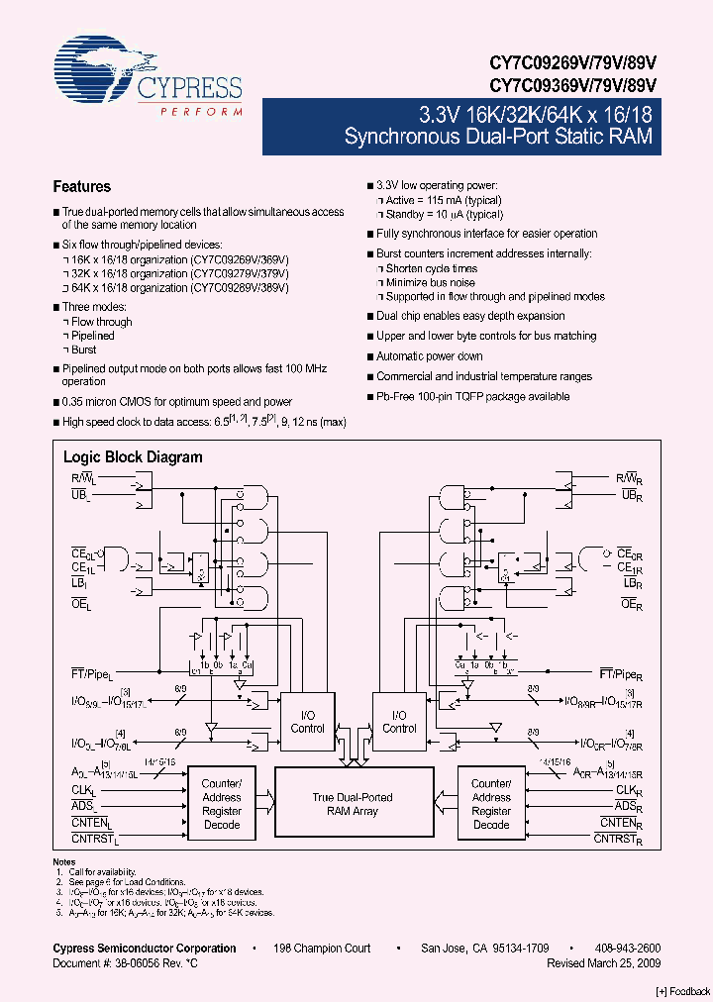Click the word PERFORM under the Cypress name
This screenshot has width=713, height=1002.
click(x=200, y=112)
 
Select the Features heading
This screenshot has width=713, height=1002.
click(x=81, y=186)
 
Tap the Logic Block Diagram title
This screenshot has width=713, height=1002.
click(x=133, y=457)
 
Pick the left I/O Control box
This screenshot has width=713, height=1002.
click(x=307, y=721)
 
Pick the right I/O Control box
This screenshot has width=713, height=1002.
click(x=399, y=721)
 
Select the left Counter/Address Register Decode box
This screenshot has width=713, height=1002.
click(x=222, y=804)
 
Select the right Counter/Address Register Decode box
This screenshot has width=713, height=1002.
click(x=491, y=804)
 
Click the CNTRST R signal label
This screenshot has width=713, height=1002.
click(x=620, y=840)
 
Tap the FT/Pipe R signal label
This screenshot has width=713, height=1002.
click(x=625, y=673)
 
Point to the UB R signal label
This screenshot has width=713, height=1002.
click(x=632, y=494)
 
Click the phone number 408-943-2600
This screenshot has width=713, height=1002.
click(x=628, y=949)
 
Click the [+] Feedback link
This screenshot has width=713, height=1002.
click(x=682, y=991)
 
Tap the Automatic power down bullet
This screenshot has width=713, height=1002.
click(x=429, y=356)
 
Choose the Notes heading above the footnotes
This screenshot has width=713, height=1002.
click(x=64, y=862)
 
